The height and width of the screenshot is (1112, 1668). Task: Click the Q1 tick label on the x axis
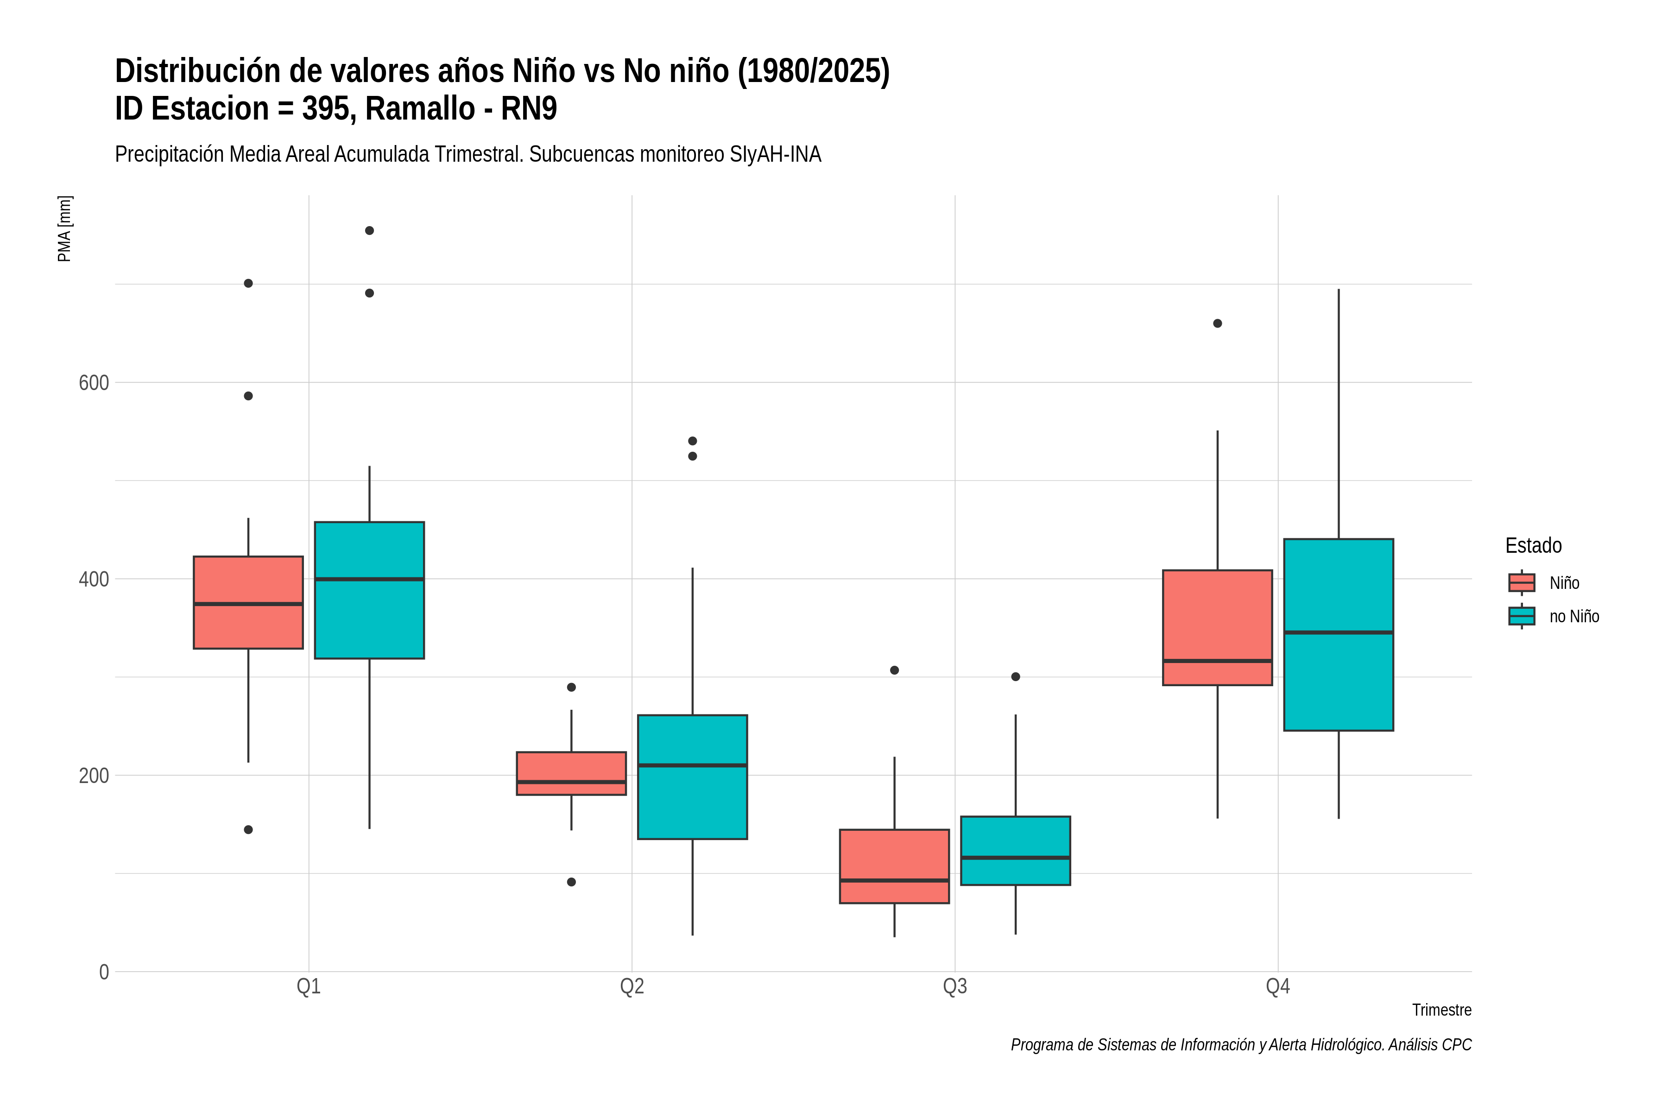coord(309,986)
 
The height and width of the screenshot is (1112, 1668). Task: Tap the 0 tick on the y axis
coord(104,972)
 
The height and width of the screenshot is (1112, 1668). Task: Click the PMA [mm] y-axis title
coord(64,229)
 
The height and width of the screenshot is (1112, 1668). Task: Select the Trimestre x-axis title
coord(1442,1010)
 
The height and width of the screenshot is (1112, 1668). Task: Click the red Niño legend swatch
coord(1522,583)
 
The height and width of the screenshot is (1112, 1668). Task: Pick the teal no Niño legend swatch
coord(1522,616)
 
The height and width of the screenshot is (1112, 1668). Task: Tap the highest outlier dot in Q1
coord(369,230)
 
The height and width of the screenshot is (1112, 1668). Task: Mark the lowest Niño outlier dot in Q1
coord(248,830)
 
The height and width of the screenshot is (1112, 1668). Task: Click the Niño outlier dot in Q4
coord(1218,323)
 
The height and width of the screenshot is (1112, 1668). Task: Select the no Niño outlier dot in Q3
coord(1016,676)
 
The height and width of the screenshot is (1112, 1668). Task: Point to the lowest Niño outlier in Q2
coord(572,882)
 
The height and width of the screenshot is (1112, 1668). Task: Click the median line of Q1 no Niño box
coord(369,580)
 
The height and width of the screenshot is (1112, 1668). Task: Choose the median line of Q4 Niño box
coord(1218,661)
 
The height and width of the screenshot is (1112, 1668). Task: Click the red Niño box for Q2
coord(572,773)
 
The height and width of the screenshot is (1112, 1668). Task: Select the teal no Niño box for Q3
coord(1016,851)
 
